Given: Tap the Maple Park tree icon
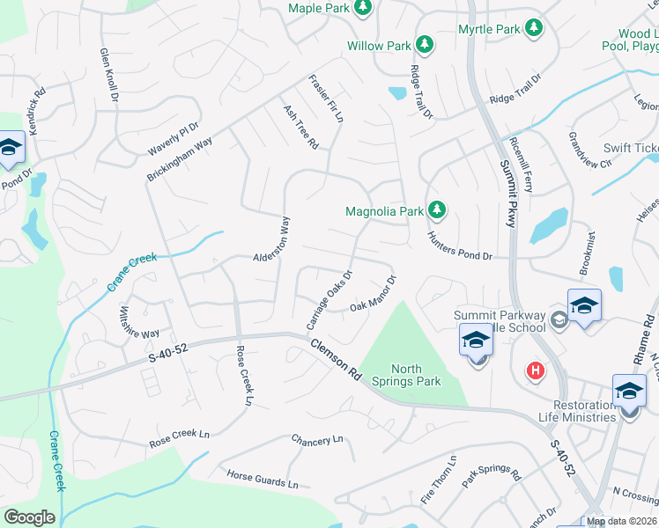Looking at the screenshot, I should (x=362, y=8).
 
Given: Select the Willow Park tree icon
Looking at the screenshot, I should (x=424, y=44).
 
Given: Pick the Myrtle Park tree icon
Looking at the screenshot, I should (x=533, y=29).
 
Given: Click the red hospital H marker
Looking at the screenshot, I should (x=534, y=371).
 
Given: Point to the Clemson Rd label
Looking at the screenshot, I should (x=336, y=361).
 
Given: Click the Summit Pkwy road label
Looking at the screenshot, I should (x=507, y=193).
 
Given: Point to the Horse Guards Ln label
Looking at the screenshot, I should (x=263, y=480).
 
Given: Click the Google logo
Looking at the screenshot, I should (x=28, y=517).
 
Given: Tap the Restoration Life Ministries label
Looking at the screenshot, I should (x=577, y=409).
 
